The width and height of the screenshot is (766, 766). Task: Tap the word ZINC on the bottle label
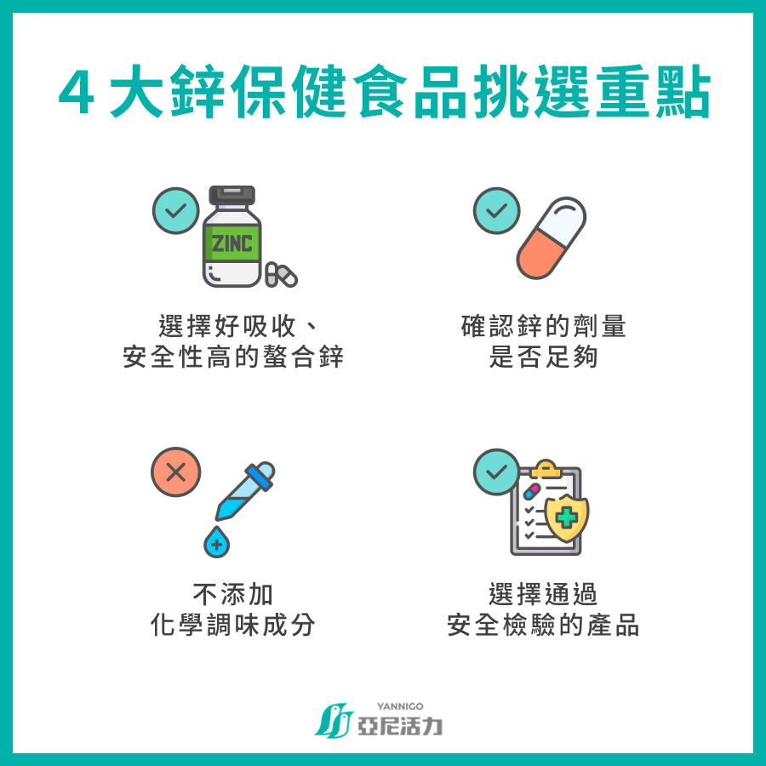tap(232, 243)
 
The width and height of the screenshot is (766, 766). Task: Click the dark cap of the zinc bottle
tap(232, 194)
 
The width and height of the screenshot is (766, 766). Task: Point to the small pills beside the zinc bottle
tap(281, 275)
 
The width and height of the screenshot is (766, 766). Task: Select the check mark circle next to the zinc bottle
tap(176, 210)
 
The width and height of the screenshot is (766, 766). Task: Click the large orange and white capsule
tap(551, 238)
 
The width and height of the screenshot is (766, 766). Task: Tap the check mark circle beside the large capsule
tap(496, 210)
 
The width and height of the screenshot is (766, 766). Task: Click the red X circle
tap(176, 472)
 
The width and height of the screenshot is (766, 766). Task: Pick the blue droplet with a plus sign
tap(216, 542)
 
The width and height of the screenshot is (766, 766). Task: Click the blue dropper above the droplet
tap(245, 490)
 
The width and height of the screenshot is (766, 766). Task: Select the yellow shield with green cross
tap(567, 517)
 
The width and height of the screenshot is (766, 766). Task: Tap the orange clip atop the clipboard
tap(546, 468)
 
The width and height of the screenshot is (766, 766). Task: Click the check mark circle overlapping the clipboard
tap(496, 472)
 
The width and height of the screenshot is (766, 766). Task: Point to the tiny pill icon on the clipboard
tap(531, 491)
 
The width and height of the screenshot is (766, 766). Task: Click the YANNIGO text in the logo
tap(400, 706)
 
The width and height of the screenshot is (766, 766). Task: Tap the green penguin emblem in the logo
tap(334, 721)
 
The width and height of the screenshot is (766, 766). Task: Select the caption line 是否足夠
tap(543, 357)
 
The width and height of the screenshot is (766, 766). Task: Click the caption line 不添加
tap(233, 594)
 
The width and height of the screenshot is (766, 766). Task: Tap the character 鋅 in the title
tap(197, 92)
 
